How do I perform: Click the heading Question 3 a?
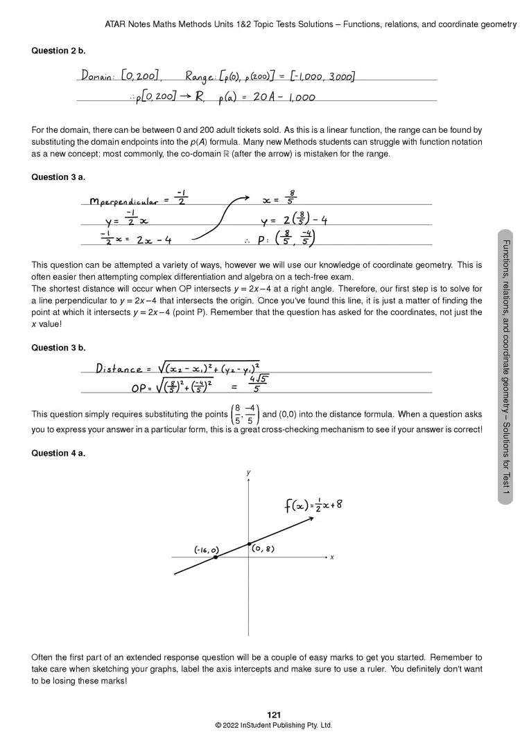(58, 177)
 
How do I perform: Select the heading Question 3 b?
(58, 348)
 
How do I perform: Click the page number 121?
(274, 715)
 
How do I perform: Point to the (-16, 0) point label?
(206, 550)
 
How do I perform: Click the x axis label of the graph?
(332, 557)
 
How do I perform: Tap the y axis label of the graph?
(248, 472)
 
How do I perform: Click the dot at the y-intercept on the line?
(249, 544)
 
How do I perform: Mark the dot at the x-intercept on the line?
(216, 557)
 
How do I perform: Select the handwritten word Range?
(201, 76)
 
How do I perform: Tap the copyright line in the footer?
(274, 726)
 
